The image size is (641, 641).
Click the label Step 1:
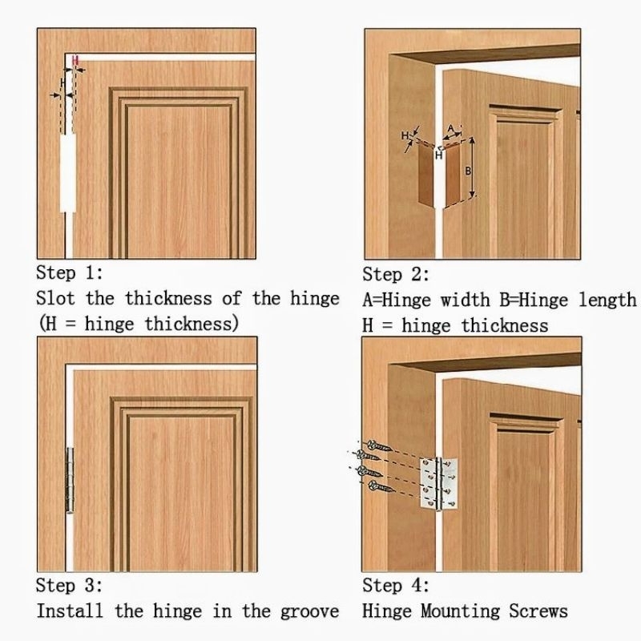coord(70,272)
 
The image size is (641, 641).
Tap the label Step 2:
coord(396,274)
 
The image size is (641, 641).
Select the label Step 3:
coord(69,585)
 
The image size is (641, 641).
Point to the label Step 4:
coord(396,586)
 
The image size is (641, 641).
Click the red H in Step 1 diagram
coord(75,61)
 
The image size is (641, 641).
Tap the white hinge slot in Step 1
coord(68,173)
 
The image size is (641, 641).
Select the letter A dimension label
coord(450,129)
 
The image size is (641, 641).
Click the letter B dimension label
coord(468,171)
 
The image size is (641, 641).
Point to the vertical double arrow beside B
coord(472,167)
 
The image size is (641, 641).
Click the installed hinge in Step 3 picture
coord(70,480)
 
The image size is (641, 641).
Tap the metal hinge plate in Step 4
coord(439,484)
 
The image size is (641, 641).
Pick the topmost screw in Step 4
coord(378,446)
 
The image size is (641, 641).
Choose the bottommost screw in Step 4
coord(381,487)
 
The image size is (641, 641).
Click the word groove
coord(309,612)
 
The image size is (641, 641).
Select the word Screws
coord(538,611)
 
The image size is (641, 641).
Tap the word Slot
coord(55,298)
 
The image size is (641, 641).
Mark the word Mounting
coord(460,612)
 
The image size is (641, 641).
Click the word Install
coord(70,611)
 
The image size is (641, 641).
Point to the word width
coord(466,300)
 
